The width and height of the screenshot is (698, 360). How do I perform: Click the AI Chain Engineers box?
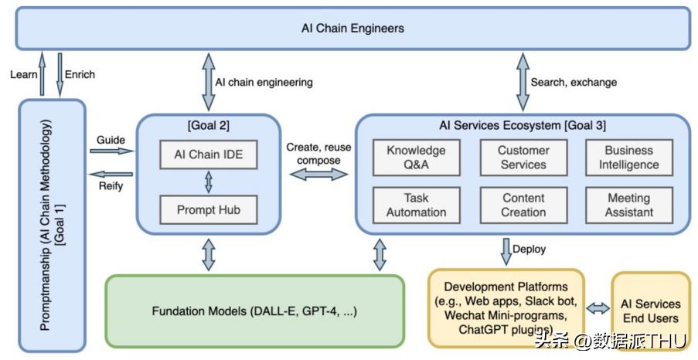click(352, 29)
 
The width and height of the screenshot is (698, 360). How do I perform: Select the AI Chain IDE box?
click(208, 154)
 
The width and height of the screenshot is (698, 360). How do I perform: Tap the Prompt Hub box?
click(208, 209)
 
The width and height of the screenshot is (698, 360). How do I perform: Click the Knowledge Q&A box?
click(416, 158)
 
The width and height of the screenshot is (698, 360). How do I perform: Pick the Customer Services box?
click(523, 158)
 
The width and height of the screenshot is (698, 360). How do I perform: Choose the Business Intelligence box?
click(628, 158)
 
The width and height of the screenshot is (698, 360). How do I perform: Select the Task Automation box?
click(416, 205)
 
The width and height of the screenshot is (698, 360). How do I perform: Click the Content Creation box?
click(523, 205)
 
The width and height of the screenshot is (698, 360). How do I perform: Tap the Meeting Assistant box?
click(628, 205)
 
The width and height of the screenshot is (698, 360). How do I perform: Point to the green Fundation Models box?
click(254, 311)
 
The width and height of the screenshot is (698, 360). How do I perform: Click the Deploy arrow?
click(506, 250)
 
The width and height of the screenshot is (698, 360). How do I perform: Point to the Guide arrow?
click(111, 151)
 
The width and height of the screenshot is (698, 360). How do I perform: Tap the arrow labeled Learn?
click(43, 74)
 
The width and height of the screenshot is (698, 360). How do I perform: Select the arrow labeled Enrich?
click(60, 74)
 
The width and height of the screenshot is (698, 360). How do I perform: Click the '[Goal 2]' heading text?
click(208, 125)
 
